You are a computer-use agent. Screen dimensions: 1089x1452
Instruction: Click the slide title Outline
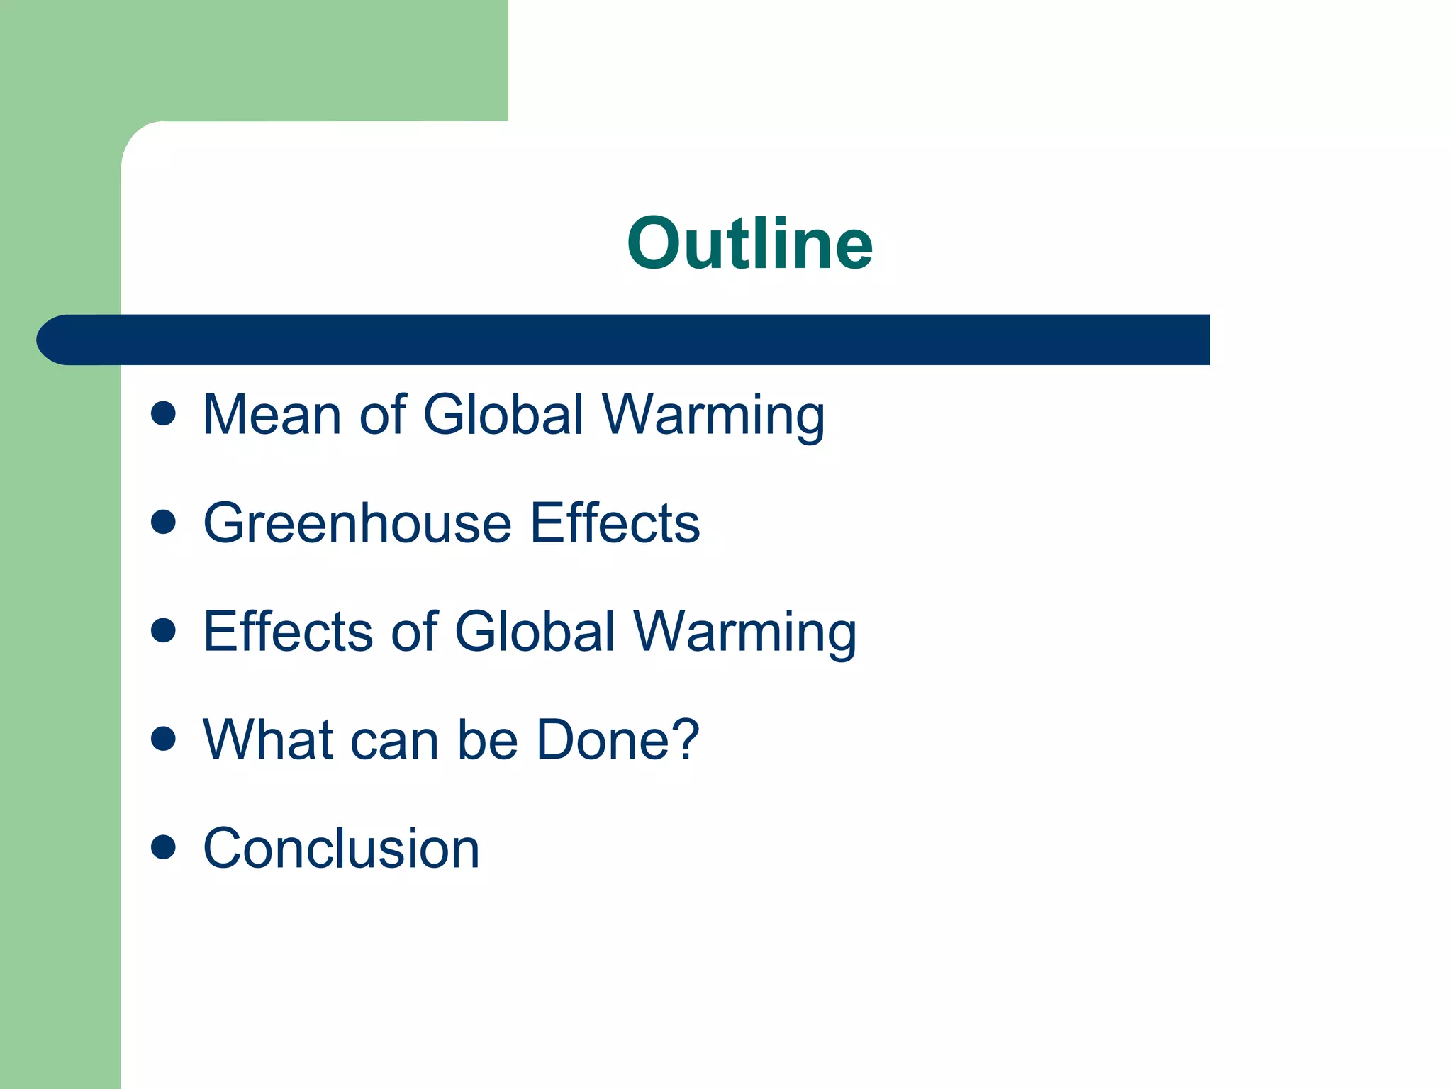(x=749, y=243)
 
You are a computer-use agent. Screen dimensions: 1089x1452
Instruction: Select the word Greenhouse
(x=357, y=523)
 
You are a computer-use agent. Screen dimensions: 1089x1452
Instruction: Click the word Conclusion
(x=341, y=848)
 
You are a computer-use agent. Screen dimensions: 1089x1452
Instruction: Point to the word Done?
(x=618, y=739)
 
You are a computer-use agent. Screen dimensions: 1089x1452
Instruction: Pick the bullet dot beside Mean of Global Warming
(x=163, y=413)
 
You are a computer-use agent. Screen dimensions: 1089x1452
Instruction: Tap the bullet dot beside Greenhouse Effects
(x=163, y=523)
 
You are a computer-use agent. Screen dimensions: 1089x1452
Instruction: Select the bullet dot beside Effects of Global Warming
(x=163, y=630)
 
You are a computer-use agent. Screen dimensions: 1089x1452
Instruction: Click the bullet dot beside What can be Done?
(x=163, y=739)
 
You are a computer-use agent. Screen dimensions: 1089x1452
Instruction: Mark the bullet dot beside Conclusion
(x=163, y=847)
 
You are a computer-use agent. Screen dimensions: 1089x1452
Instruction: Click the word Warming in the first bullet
(x=713, y=415)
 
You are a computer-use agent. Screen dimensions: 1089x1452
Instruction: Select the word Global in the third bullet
(x=535, y=631)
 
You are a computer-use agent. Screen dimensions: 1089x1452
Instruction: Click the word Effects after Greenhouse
(x=615, y=523)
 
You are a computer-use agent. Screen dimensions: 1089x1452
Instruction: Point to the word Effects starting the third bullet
(x=287, y=631)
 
